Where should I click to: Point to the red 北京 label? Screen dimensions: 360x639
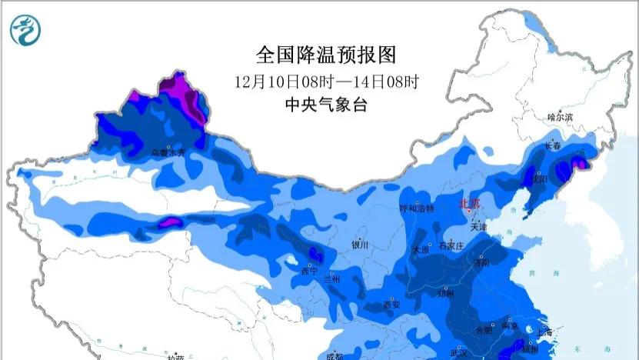tap(468, 203)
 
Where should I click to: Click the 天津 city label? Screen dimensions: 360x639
tap(479, 227)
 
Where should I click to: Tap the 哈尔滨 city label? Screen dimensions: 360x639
tap(560, 117)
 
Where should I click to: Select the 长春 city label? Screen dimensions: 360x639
tap(552, 145)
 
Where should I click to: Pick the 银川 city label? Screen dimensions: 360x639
tap(360, 245)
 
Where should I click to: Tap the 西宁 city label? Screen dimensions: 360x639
tap(309, 271)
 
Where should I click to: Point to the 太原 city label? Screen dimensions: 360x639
tap(421, 249)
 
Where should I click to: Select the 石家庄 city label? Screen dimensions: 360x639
tap(451, 246)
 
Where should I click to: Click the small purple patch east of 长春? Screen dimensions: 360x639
tap(581, 163)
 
